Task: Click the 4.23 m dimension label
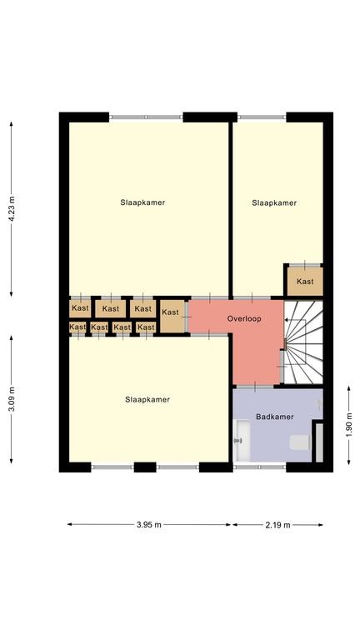12,208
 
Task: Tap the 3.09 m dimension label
12,399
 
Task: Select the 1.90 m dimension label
349,425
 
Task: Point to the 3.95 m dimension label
149,525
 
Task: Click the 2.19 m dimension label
278,525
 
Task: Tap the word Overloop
244,318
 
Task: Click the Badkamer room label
275,417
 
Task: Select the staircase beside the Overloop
303,342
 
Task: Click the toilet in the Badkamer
300,442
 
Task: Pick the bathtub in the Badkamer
242,441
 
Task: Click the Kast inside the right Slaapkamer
305,281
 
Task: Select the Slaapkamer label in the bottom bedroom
147,400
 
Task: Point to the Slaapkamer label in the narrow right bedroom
274,202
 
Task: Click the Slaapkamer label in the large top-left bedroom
142,202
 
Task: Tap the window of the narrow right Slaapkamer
262,117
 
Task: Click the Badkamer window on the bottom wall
260,467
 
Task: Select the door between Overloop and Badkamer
255,386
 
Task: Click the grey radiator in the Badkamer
319,442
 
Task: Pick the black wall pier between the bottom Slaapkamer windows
145,467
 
